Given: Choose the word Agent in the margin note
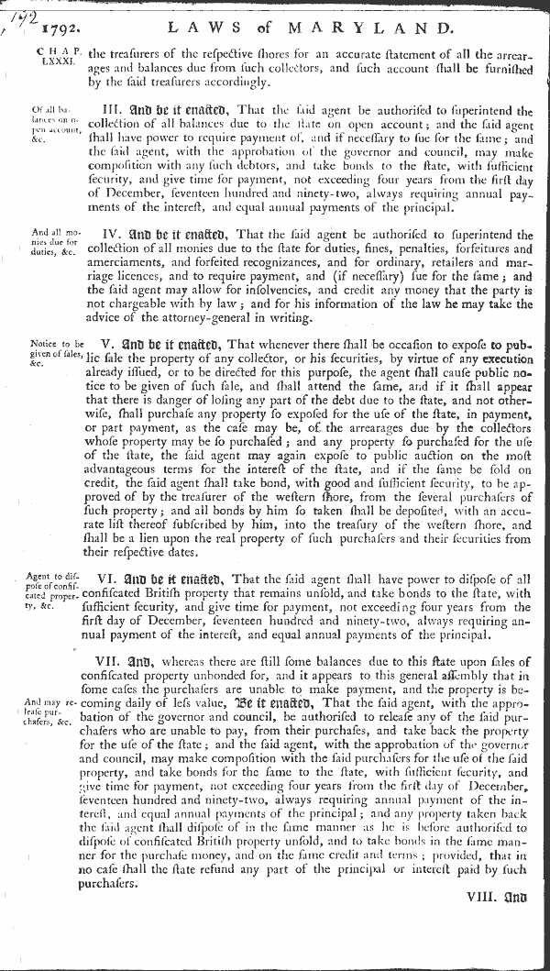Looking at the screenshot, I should click(43, 576).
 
